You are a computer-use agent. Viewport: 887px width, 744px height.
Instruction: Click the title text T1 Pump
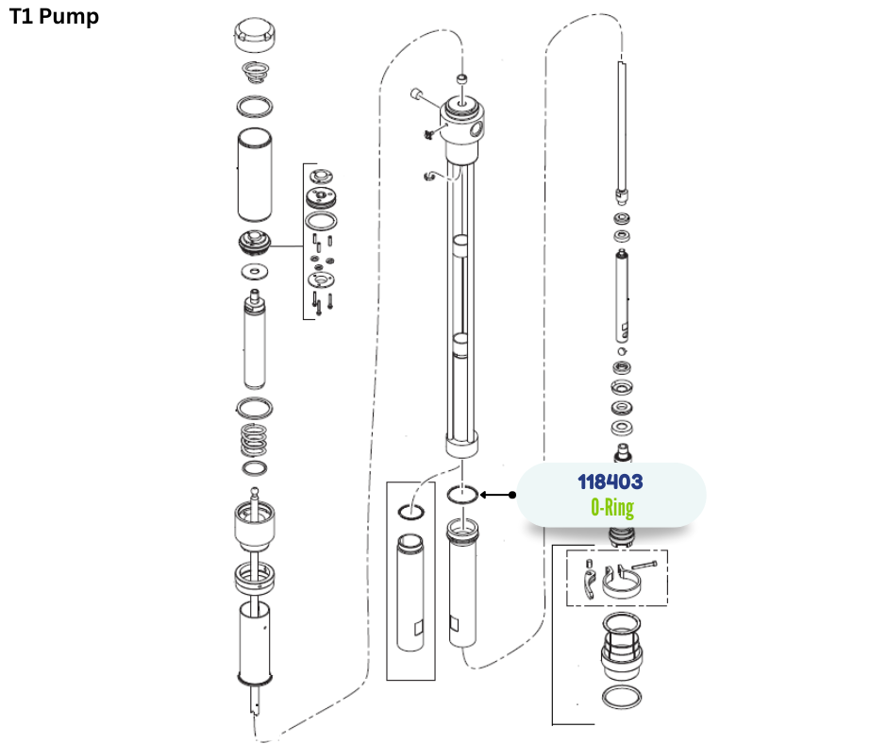coord(55,16)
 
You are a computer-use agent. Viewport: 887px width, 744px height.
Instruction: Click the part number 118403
coord(611,482)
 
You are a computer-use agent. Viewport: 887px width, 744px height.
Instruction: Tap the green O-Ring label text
coord(612,507)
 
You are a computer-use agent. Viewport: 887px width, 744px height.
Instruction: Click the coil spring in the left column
coord(254,440)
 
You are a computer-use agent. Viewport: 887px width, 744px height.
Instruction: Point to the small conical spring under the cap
coord(256,72)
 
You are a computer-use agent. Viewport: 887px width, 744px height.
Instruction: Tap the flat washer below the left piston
coord(255,272)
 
